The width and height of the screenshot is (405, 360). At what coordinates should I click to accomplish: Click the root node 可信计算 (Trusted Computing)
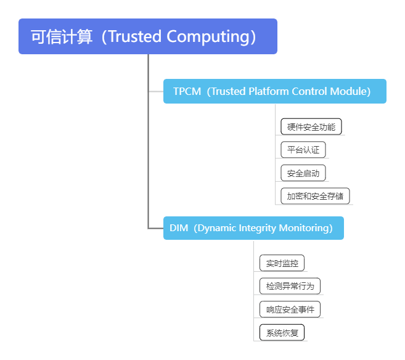[147, 36]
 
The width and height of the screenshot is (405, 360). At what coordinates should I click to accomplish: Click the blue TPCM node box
[274, 91]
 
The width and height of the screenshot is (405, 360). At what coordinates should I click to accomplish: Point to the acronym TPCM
[187, 91]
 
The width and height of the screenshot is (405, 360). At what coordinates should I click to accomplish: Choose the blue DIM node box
[253, 228]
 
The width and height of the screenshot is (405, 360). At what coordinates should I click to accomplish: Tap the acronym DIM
[179, 228]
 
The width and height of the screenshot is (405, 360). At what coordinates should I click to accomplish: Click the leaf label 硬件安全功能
[311, 127]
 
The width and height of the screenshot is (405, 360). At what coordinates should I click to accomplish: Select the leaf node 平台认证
[303, 150]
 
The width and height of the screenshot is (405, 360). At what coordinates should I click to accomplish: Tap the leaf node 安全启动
[303, 173]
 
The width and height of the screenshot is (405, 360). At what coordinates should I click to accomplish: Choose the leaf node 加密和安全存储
[315, 197]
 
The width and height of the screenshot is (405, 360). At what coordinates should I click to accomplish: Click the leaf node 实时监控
[282, 263]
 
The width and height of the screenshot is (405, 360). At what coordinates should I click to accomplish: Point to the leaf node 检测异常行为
[290, 286]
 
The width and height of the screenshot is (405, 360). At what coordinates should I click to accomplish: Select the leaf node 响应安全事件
[290, 309]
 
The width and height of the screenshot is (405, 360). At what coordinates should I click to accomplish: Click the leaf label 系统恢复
[282, 333]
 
